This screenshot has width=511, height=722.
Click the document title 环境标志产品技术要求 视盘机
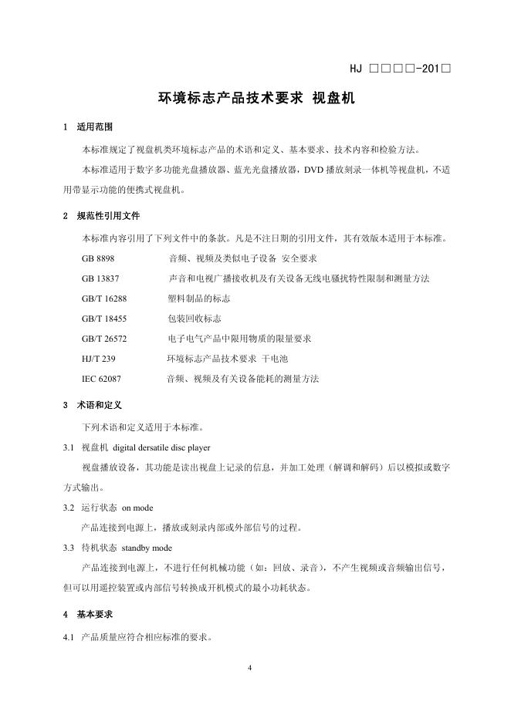[255, 98]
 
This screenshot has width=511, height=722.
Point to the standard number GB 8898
[98, 258]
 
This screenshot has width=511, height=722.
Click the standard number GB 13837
[100, 278]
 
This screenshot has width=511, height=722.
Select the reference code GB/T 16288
[104, 298]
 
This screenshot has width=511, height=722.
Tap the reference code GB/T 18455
[104, 318]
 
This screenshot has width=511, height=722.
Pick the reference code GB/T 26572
[104, 338]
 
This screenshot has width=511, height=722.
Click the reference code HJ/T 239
[98, 359]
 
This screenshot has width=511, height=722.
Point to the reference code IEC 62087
[101, 379]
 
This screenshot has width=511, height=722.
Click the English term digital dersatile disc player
[162, 447]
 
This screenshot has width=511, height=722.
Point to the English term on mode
[139, 508]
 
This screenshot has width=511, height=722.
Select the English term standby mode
[147, 548]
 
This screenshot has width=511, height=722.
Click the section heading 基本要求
[96, 615]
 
